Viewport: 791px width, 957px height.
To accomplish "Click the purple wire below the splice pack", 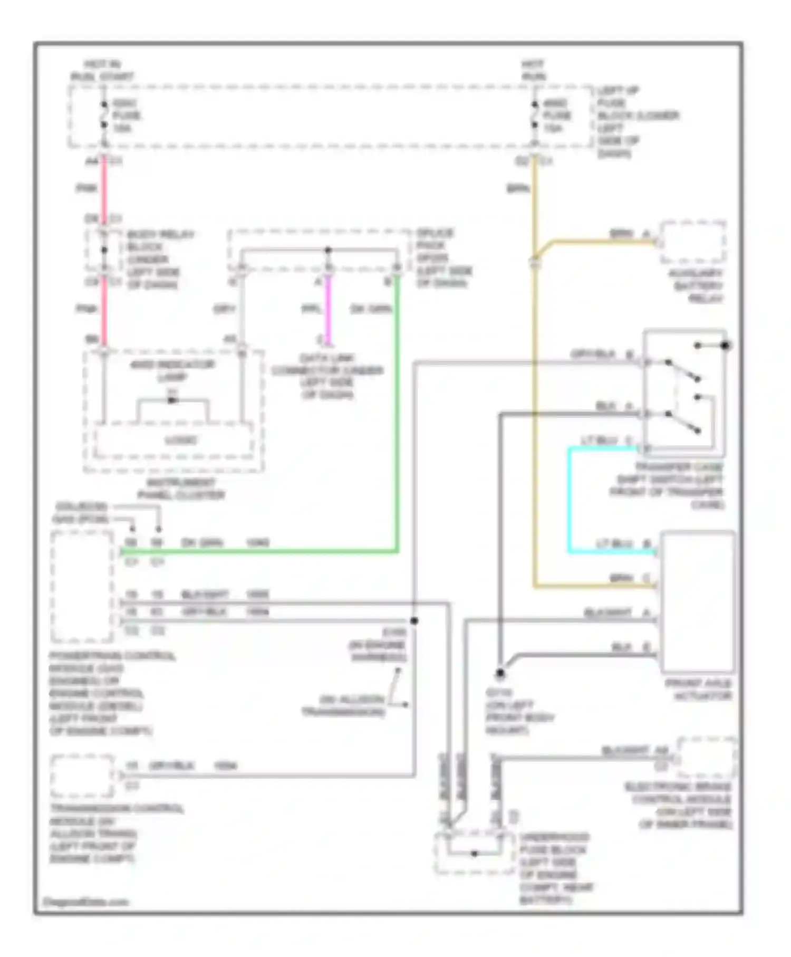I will coord(327,309).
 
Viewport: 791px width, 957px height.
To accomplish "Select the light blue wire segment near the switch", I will coord(570,499).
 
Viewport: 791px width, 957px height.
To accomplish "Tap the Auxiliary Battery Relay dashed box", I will coord(692,242).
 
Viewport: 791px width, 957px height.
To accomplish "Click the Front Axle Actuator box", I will coord(697,601).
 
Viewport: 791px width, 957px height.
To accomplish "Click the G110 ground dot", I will coord(500,673).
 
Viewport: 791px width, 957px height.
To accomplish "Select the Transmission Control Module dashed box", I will coord(82,776).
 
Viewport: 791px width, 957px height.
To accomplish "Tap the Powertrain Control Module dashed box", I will coord(82,586).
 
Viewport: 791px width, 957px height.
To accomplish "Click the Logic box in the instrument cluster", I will coord(174,440).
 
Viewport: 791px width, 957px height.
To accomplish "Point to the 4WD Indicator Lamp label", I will coord(172,370).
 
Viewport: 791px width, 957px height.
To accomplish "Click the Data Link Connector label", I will coord(327,376).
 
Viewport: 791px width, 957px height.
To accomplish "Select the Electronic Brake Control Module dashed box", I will coord(706,758).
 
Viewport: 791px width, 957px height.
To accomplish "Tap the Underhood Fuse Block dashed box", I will coord(474,853).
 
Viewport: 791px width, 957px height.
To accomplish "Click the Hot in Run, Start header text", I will coord(102,70).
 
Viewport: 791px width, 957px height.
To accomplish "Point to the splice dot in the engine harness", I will coord(414,621).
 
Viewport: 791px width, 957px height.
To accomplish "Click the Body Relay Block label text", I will coord(153,259).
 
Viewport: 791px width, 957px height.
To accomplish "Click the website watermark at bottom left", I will coord(85,902).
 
